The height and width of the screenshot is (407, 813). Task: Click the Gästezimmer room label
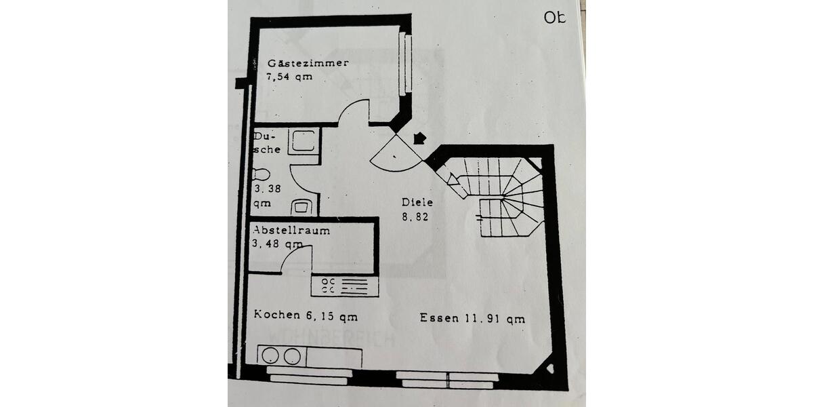(308, 63)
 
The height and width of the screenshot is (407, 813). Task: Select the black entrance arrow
(419, 138)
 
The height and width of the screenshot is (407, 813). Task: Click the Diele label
(417, 201)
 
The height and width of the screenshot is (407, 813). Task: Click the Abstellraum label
(291, 230)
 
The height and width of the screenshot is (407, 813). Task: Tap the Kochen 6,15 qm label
(306, 315)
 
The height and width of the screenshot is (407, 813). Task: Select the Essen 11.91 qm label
(472, 318)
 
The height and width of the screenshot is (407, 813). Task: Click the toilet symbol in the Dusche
(261, 174)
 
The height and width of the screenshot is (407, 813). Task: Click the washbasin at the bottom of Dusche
(302, 206)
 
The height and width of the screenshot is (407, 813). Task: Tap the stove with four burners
(344, 286)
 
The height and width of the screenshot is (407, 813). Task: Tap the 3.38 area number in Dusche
(266, 190)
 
